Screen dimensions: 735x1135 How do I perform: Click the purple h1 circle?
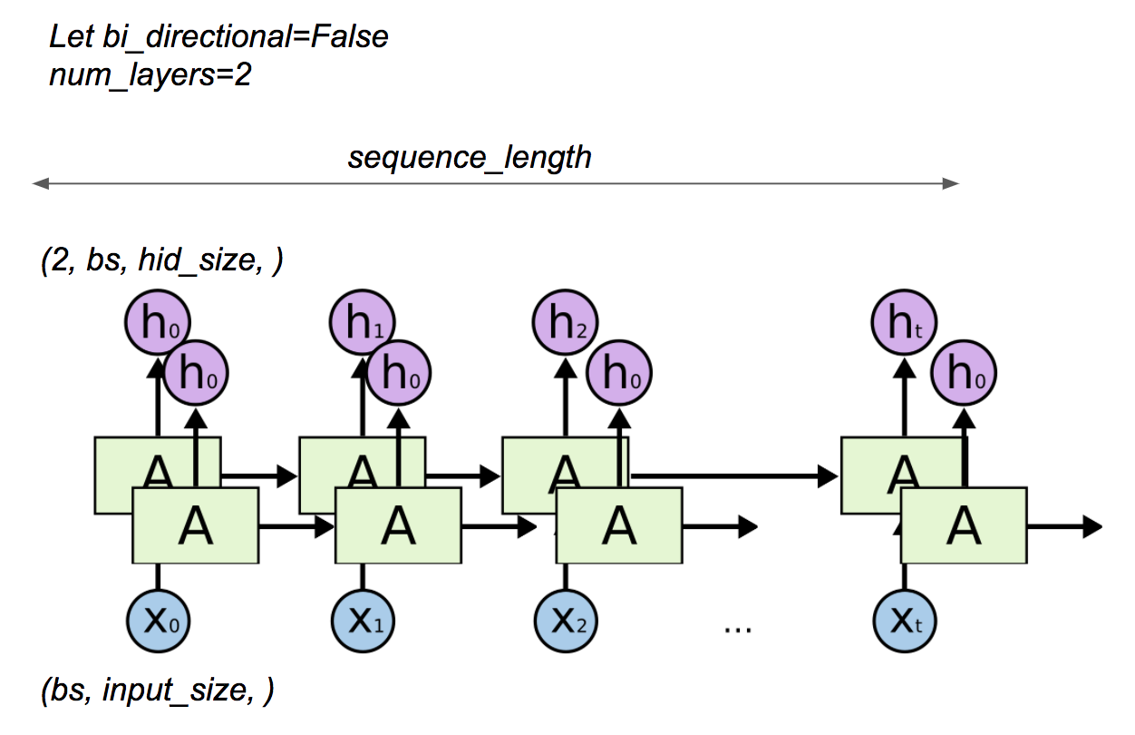363,324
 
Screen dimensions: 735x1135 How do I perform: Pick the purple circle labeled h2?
566,324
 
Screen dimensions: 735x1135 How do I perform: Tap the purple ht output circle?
904,324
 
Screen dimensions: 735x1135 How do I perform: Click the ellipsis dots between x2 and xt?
738,627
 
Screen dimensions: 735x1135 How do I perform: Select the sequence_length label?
470,157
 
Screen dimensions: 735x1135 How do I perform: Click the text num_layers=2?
150,75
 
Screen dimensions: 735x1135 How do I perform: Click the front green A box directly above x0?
196,526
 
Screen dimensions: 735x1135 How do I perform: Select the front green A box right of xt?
963,526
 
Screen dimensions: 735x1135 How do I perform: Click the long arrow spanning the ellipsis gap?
734,474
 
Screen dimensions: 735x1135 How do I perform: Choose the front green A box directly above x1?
399,526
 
